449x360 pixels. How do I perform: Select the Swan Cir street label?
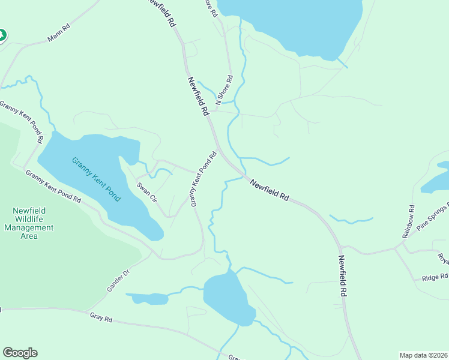(x=146, y=192)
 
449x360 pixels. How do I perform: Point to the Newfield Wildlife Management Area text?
(x=29, y=223)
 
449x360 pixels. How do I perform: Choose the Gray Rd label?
(x=101, y=317)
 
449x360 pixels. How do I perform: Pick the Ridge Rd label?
(x=435, y=277)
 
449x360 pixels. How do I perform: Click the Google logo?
(x=20, y=353)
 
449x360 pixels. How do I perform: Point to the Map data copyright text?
(x=424, y=355)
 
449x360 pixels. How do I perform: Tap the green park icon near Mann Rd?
(x=2, y=35)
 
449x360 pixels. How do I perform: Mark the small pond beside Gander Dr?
(x=148, y=298)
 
